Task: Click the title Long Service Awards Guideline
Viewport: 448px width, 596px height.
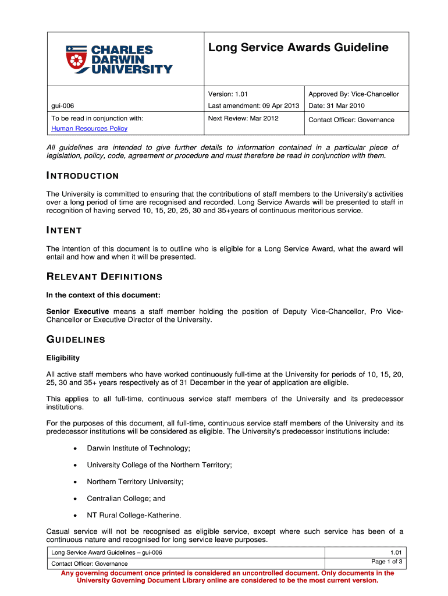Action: pyautogui.click(x=298, y=48)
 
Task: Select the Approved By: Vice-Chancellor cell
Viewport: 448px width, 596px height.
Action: pyautogui.click(x=354, y=94)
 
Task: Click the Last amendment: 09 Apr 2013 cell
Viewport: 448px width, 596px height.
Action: pyautogui.click(x=254, y=105)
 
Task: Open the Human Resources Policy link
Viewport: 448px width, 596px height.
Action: pyautogui.click(x=89, y=128)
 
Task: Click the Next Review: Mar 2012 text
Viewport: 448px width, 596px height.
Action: pyautogui.click(x=243, y=118)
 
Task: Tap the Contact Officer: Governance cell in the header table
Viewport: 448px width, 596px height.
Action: pyautogui.click(x=351, y=120)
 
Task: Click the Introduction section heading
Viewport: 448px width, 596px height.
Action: pyautogui.click(x=83, y=176)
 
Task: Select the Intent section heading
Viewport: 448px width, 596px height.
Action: pyautogui.click(x=64, y=230)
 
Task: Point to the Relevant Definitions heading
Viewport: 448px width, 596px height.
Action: pyautogui.click(x=104, y=276)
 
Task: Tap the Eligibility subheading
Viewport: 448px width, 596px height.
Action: pyautogui.click(x=63, y=358)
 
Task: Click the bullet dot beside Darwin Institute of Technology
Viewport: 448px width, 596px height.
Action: pyautogui.click(x=74, y=448)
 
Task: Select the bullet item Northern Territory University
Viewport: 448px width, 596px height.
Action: pyautogui.click(x=135, y=481)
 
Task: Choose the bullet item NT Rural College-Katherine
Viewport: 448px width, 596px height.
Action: pyautogui.click(x=134, y=515)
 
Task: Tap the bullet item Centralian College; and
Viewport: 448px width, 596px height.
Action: pyautogui.click(x=126, y=498)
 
